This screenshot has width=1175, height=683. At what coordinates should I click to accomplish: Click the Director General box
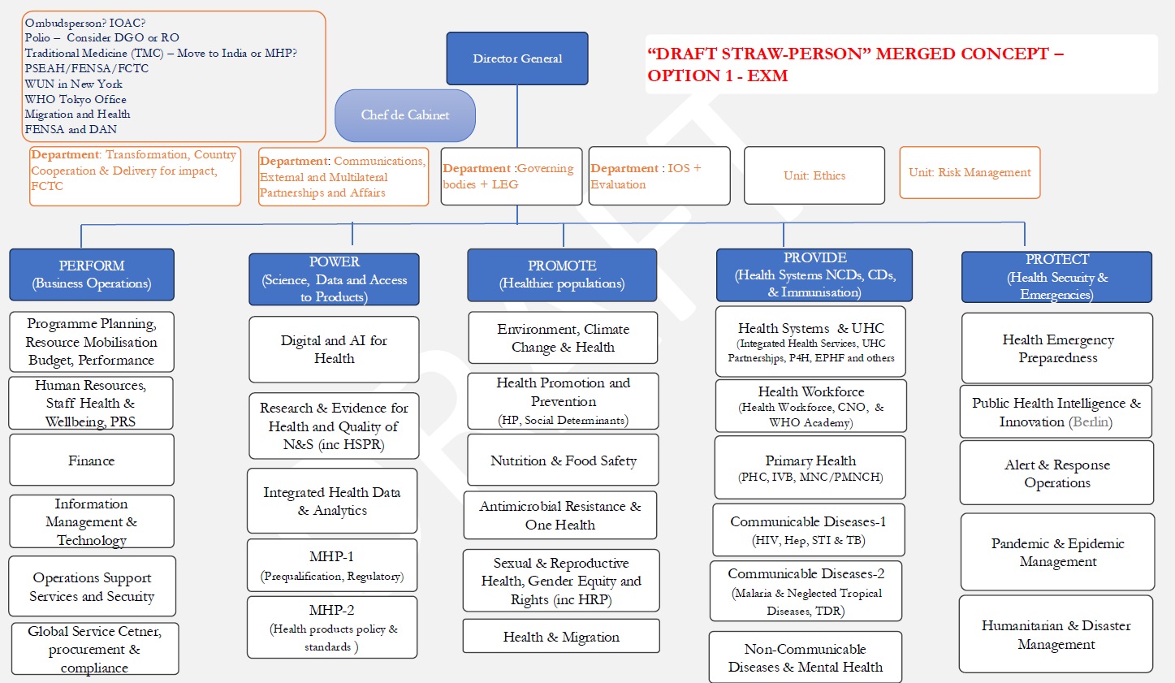[517, 58]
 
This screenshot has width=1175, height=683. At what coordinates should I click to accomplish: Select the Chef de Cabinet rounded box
[405, 115]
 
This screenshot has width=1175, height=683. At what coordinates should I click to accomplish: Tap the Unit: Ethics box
[814, 175]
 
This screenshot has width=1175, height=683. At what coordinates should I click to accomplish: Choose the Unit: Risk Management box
[970, 172]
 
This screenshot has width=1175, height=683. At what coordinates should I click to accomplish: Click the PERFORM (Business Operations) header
[92, 274]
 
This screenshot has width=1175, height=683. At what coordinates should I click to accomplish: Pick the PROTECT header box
[1056, 277]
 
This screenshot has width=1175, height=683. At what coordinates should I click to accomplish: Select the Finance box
[92, 460]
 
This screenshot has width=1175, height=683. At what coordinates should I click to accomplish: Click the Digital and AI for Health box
[334, 349]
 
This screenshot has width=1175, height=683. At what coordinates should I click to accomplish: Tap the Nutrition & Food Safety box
[563, 460]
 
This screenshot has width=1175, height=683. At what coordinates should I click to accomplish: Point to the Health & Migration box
[561, 637]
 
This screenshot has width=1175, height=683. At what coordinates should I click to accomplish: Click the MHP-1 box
[332, 565]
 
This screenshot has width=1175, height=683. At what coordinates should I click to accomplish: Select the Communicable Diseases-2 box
[806, 591]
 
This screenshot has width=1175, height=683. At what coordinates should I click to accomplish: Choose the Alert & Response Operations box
[1056, 473]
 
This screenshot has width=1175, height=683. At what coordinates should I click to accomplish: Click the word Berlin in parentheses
[1091, 422]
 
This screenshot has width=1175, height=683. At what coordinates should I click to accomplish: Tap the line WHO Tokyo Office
[76, 99]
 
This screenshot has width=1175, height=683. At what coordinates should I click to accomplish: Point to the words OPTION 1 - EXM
[717, 76]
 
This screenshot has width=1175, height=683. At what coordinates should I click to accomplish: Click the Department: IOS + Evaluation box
[659, 176]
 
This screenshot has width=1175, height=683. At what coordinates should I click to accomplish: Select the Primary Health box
[810, 468]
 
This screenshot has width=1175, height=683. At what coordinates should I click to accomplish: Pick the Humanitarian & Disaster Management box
[1056, 634]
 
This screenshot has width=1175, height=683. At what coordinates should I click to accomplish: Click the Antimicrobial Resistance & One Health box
[560, 515]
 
